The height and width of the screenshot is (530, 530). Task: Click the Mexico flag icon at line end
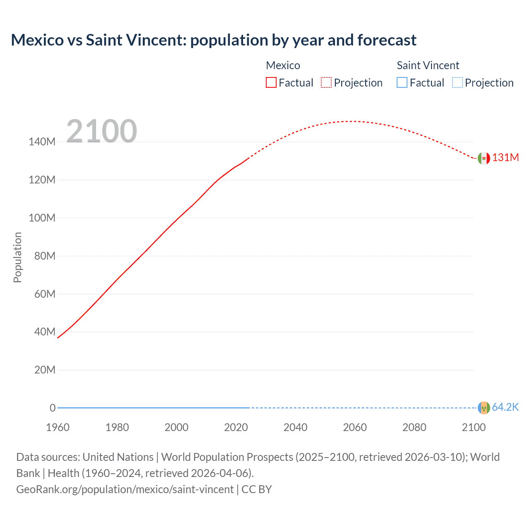coord(484,158)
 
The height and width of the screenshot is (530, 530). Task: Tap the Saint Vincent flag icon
coord(484,408)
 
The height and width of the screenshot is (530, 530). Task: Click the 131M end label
coord(505,158)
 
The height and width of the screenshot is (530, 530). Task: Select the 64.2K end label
coord(505,407)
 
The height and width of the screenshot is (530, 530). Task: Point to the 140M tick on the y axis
coord(42,142)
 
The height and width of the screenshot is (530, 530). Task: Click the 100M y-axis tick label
coord(42,218)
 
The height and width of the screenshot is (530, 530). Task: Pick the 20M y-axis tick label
coord(44,370)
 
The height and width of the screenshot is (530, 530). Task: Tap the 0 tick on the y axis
coord(53,408)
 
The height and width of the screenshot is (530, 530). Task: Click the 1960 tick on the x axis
coord(58,427)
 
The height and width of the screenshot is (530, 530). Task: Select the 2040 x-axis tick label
coord(295,427)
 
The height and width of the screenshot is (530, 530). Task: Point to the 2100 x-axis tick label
coord(474,427)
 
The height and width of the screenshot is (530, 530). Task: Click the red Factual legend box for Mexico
coord(271,83)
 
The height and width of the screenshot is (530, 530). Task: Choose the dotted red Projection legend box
coord(326,83)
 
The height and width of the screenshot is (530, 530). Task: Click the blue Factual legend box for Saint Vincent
coord(402,83)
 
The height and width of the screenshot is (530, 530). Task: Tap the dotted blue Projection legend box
coord(457,83)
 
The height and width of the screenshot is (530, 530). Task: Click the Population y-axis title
coord(17,257)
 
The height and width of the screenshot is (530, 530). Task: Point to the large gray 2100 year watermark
coord(101,131)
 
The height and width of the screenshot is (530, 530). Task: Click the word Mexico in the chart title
coord(37,40)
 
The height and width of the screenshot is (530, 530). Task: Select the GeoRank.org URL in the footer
coord(125,489)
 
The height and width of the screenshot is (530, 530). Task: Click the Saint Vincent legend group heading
coord(428,65)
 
